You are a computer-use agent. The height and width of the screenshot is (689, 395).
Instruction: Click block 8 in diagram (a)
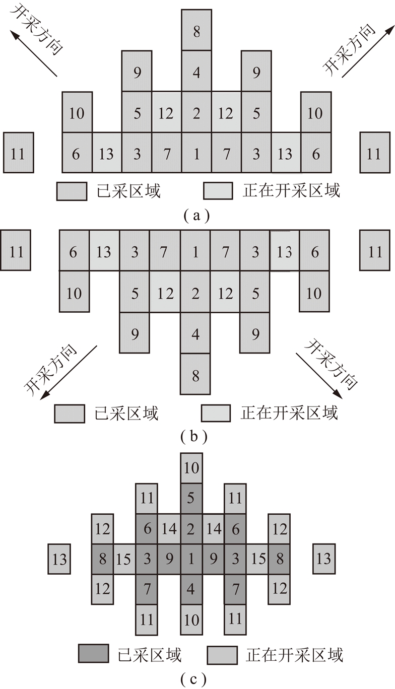click(x=196, y=30)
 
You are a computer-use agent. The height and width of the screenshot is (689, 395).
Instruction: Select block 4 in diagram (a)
click(x=196, y=71)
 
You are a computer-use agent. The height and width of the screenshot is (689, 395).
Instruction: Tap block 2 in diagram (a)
click(x=196, y=112)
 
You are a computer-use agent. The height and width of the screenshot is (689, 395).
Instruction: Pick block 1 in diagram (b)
click(x=195, y=251)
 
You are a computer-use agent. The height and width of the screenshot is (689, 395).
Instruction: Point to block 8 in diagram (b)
click(x=195, y=374)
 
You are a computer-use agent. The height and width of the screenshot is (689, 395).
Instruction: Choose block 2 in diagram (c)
click(x=191, y=529)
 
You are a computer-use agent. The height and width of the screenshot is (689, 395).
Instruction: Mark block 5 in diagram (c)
click(x=191, y=498)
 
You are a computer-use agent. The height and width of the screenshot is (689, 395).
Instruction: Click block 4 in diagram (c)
click(x=191, y=589)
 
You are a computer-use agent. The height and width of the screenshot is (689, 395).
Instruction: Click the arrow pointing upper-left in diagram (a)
click(x=33, y=53)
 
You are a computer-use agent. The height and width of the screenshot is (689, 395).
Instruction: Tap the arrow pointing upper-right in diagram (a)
click(x=368, y=52)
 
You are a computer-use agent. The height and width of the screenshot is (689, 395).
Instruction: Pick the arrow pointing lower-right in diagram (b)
click(x=319, y=376)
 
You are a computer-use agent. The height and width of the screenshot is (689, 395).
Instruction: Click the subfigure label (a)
click(x=196, y=216)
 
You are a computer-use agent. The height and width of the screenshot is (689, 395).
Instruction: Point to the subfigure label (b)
click(x=194, y=437)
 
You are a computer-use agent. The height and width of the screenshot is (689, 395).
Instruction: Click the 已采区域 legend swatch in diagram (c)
click(x=93, y=654)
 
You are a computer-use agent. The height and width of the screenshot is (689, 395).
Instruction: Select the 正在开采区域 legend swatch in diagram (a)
click(x=218, y=191)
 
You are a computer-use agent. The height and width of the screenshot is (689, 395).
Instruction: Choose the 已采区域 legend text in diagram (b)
click(x=126, y=413)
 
